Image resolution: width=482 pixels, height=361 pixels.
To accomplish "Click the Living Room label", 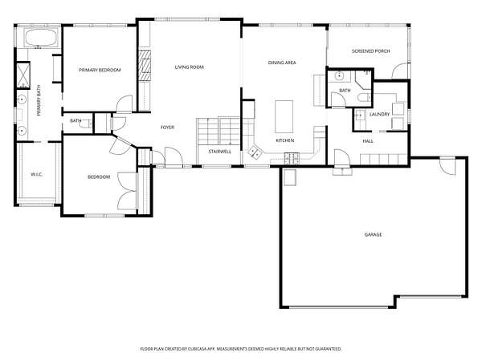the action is [x=190, y=67].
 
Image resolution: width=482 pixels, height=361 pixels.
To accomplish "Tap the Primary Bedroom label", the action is [x=100, y=70].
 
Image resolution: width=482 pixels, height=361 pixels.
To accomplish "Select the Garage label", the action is [x=374, y=234].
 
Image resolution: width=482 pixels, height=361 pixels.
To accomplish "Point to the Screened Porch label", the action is [x=370, y=51].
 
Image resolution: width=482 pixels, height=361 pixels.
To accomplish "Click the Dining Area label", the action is [x=282, y=63].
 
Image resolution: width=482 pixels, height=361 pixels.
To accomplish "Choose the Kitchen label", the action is [x=285, y=140].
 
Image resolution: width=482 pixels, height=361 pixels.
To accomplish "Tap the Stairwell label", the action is [x=220, y=152].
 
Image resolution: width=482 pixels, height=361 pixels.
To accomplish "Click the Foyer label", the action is [x=167, y=127].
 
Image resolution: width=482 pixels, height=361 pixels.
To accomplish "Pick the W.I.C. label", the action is [x=37, y=174].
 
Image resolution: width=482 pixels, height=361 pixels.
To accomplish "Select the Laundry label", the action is [x=379, y=114].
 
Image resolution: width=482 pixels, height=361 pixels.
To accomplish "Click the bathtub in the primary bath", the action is [x=40, y=38].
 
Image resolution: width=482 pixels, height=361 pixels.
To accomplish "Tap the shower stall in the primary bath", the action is [x=22, y=75].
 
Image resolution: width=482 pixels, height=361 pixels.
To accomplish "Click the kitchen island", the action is [x=284, y=116].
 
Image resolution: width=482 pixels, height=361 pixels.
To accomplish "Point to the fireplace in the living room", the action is [x=144, y=66].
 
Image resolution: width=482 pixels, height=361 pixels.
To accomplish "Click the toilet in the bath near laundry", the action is [x=365, y=98].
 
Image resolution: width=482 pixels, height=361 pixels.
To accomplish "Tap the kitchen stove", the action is [x=292, y=158].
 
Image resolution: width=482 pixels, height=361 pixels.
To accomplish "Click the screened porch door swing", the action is [x=400, y=71].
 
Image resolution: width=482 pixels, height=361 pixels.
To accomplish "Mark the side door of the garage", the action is [x=447, y=166].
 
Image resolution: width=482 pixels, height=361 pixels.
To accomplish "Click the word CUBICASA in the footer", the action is [x=198, y=349].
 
